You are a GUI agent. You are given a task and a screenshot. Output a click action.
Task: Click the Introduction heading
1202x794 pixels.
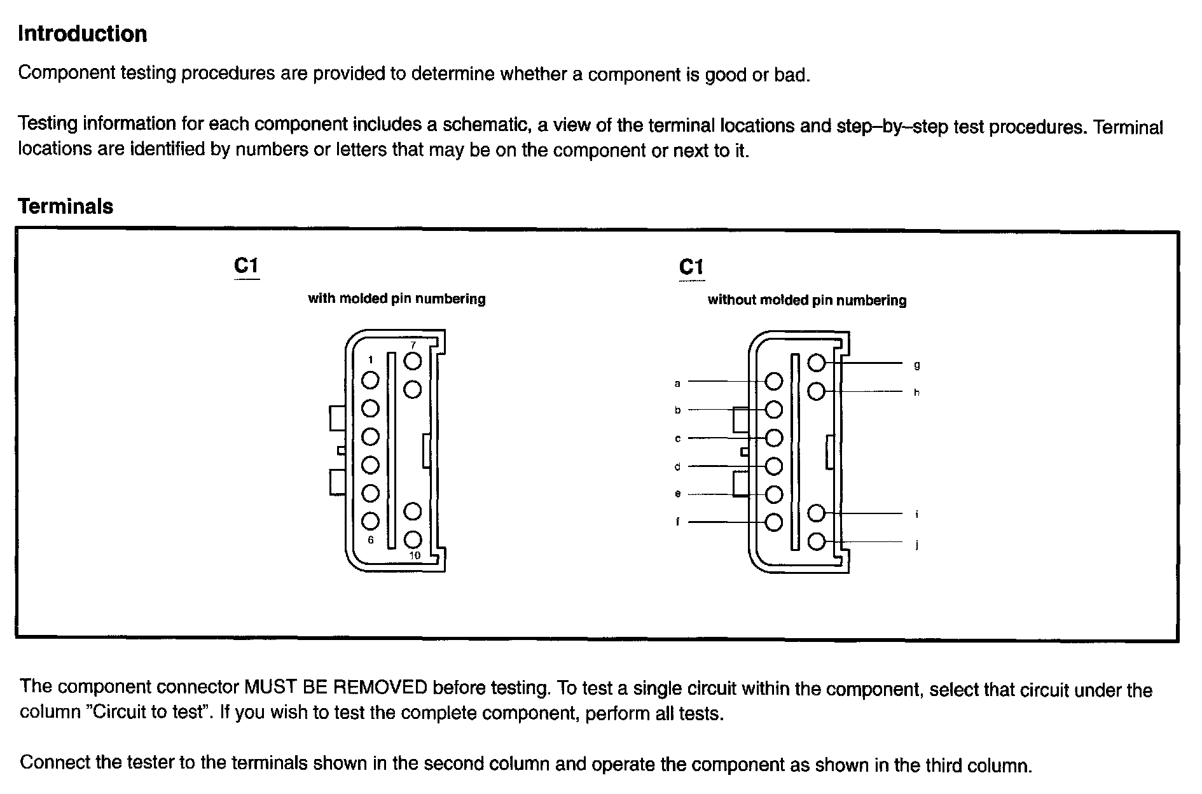(x=82, y=34)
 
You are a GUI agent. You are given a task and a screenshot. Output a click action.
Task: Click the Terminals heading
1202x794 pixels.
(x=66, y=206)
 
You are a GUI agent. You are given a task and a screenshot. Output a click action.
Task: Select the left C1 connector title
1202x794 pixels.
(x=246, y=265)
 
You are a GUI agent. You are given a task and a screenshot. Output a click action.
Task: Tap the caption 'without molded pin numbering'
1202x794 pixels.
(x=806, y=300)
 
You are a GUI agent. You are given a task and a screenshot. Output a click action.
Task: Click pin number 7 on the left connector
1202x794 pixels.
(x=413, y=345)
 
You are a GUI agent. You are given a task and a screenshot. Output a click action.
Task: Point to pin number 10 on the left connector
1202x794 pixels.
(x=415, y=555)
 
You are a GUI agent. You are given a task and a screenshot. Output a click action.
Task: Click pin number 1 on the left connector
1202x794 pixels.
(x=370, y=360)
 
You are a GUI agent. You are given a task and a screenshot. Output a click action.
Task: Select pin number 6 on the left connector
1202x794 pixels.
(x=371, y=540)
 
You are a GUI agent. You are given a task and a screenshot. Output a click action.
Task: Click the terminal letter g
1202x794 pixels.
(x=916, y=365)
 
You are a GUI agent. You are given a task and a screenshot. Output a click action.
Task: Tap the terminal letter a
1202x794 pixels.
(x=677, y=383)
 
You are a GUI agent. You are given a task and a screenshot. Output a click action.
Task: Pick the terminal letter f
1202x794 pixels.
(x=677, y=522)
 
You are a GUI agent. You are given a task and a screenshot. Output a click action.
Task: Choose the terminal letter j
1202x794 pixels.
(x=916, y=545)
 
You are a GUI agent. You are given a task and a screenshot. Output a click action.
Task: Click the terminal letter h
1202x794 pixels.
(x=916, y=393)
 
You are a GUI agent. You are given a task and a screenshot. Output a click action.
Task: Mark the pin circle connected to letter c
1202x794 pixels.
(x=773, y=438)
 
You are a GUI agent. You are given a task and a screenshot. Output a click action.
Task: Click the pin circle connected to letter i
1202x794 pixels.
(x=817, y=513)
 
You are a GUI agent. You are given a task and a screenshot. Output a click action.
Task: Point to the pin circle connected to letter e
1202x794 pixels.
(x=773, y=494)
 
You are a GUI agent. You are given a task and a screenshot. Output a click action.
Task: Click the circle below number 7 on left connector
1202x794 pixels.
(x=413, y=361)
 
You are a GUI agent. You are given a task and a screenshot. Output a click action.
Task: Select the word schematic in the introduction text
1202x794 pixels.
(x=483, y=124)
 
